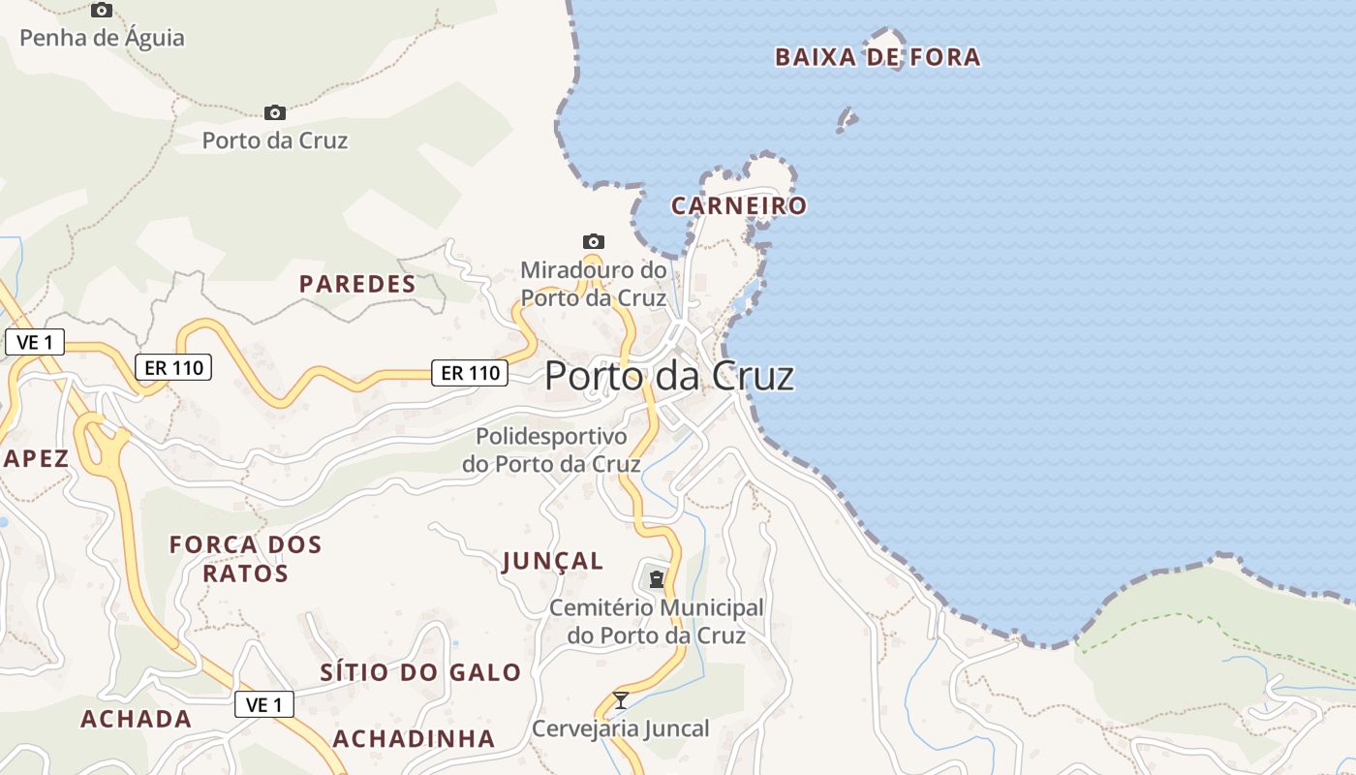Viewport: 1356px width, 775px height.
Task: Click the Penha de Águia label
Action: click(x=102, y=38)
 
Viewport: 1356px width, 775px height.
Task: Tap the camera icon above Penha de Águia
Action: click(x=101, y=11)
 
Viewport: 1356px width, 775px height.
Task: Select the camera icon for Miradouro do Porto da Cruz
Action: click(x=594, y=241)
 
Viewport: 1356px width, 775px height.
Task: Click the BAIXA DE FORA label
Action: click(x=878, y=57)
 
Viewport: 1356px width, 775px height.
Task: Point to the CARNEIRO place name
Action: click(x=739, y=205)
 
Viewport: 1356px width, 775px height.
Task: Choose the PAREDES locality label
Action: click(x=357, y=284)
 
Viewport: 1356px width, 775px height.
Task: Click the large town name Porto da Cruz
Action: click(x=669, y=376)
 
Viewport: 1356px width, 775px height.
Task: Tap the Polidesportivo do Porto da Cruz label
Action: click(x=551, y=450)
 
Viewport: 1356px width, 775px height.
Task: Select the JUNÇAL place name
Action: click(x=553, y=561)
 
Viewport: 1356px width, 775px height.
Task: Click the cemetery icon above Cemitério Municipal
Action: click(x=657, y=579)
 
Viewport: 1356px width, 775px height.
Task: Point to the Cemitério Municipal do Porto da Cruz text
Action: click(x=657, y=621)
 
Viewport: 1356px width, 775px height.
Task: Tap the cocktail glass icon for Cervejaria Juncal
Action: click(x=621, y=700)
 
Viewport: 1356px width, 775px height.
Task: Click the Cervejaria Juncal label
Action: click(x=621, y=728)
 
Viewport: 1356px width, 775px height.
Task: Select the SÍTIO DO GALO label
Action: click(x=420, y=672)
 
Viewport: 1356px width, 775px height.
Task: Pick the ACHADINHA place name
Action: click(x=414, y=738)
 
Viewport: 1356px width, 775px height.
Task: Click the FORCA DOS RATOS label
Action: click(x=245, y=559)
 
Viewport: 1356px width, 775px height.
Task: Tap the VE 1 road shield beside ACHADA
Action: click(x=264, y=704)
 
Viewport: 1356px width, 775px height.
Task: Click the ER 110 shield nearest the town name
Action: click(x=470, y=372)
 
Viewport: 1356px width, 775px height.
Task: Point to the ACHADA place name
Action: click(x=136, y=719)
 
